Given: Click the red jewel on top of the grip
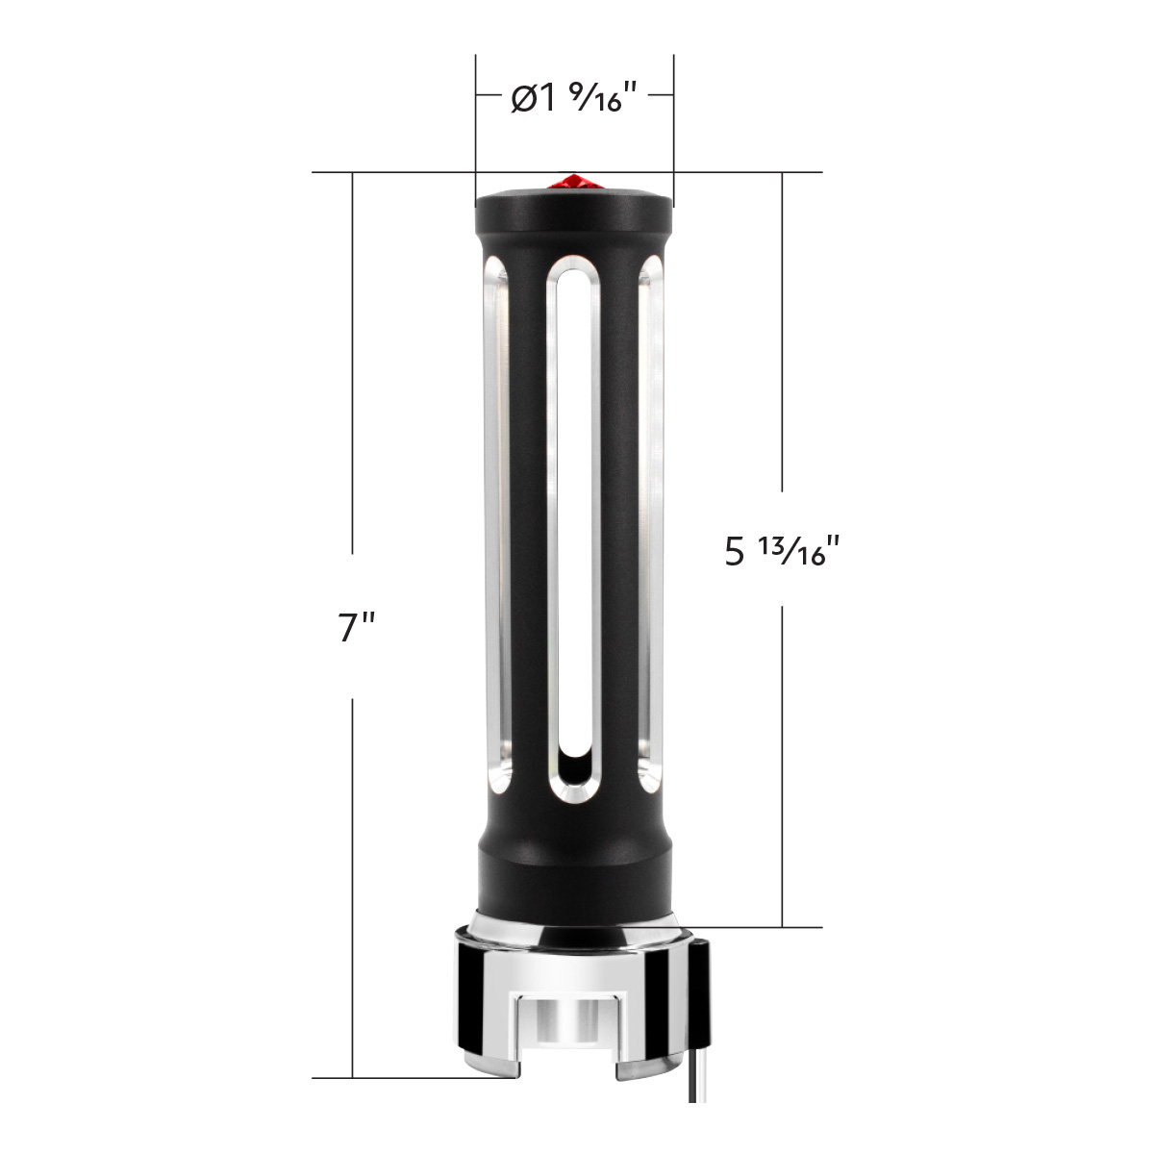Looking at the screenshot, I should point(574,182).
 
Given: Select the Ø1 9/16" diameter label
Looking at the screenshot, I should point(574,98).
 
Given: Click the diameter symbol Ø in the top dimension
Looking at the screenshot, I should point(523,99).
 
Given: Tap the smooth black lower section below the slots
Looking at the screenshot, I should point(574,870).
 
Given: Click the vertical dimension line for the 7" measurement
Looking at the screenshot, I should point(353,385).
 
